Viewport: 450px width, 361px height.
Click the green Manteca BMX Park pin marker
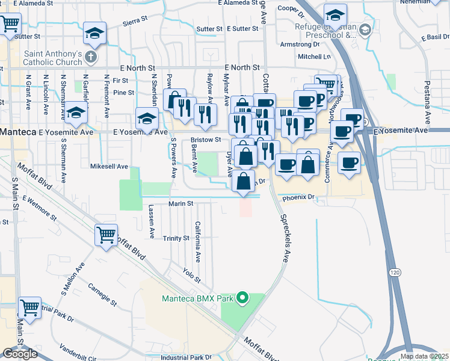242,298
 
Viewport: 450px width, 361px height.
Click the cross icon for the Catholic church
90,58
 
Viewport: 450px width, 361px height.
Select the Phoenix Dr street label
299,197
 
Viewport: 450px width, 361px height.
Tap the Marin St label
180,203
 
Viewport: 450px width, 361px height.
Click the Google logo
20,354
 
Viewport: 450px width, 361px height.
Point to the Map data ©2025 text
424,356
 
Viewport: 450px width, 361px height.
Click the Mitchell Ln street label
315,57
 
